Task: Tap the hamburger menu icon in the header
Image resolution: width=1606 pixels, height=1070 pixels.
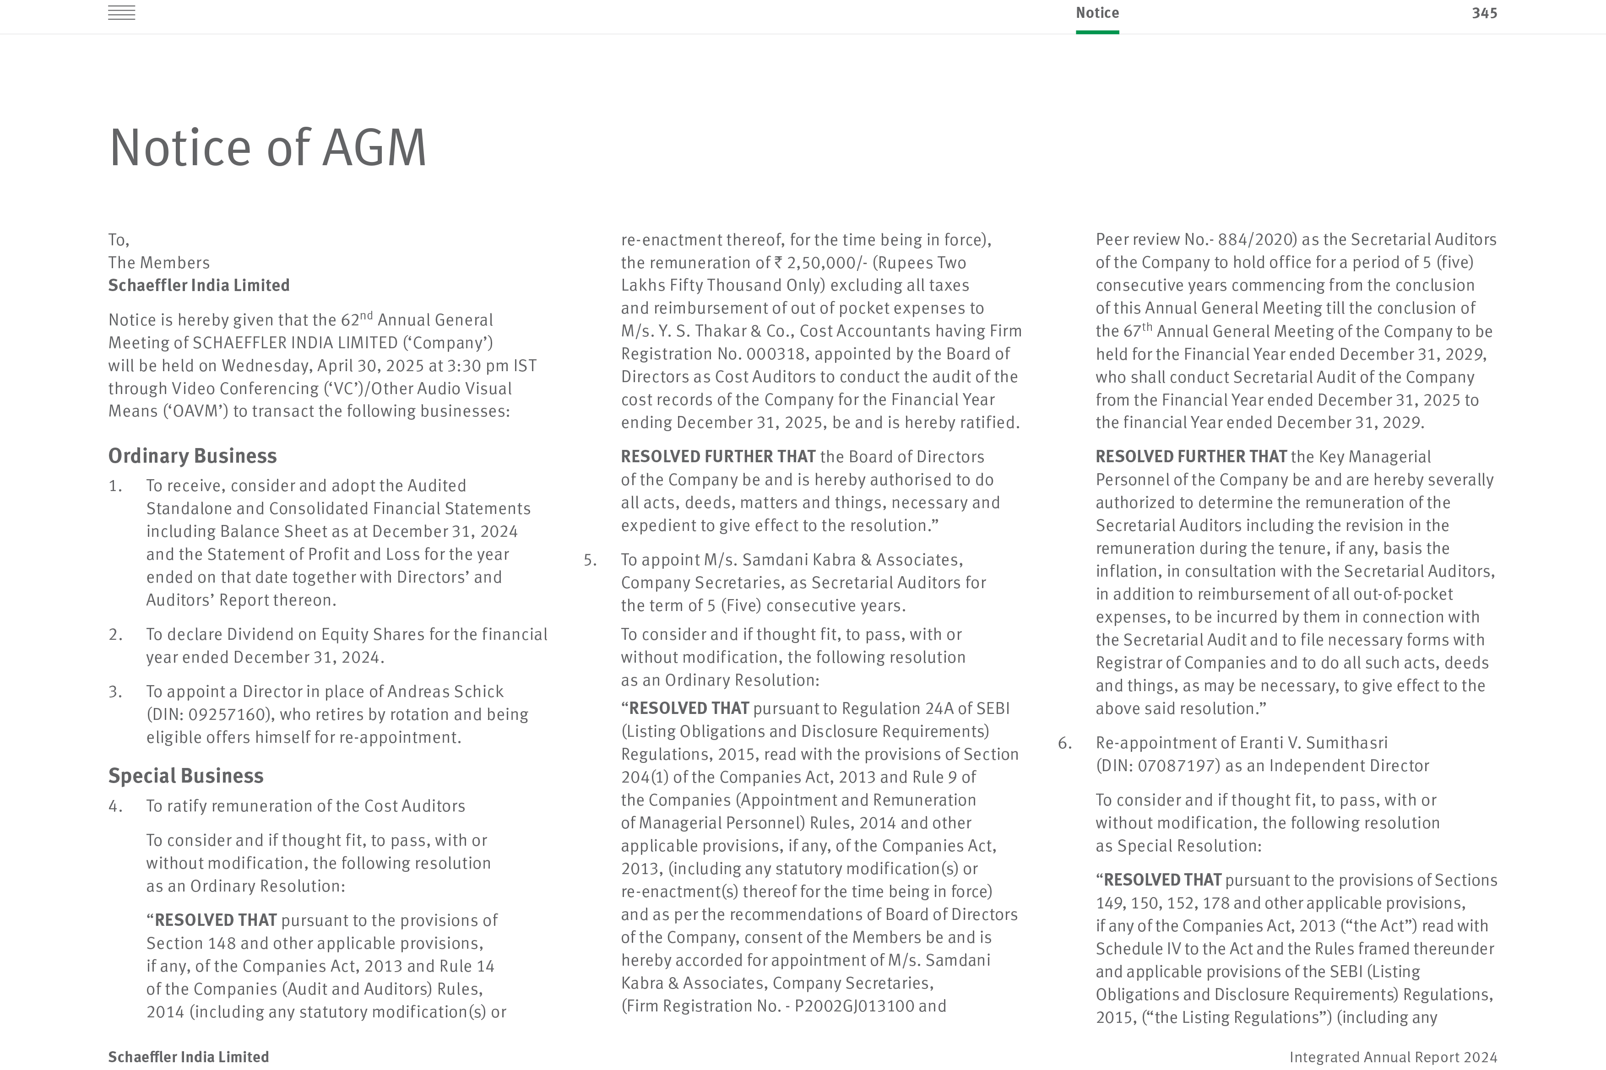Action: (121, 13)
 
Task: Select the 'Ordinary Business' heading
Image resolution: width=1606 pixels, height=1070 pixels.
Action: (192, 456)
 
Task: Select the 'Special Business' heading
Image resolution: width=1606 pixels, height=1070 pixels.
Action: (186, 776)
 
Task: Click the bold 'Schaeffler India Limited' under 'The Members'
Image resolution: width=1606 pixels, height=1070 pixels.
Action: (199, 285)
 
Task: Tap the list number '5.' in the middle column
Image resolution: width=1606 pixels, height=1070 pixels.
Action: (590, 560)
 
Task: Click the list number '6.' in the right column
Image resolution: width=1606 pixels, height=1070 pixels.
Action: (1065, 743)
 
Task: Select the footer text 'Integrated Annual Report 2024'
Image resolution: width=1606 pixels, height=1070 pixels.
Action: (1393, 1057)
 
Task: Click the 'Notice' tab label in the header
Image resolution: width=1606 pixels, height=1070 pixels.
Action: (1097, 13)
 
